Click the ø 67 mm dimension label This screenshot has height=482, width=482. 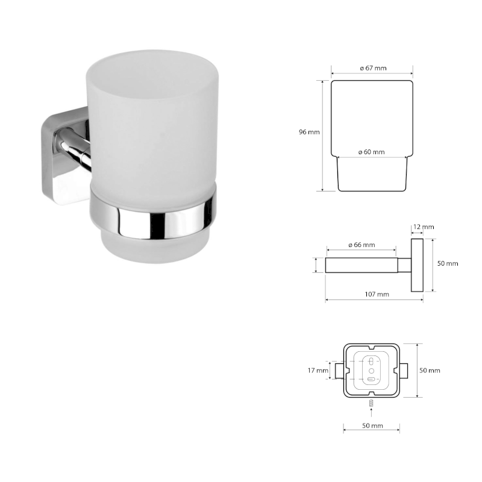click(373, 68)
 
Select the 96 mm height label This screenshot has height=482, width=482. click(309, 132)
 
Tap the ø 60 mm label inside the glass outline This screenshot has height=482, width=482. click(371, 152)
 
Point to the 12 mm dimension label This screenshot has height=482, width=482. click(424, 227)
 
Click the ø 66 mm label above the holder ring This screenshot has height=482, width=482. click(362, 245)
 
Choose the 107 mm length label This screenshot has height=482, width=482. click(377, 294)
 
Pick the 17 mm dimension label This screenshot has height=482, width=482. click(318, 371)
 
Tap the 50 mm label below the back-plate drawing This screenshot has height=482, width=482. click(372, 426)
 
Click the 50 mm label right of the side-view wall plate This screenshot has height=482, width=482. click(448, 263)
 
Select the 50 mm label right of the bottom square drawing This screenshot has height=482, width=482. click(430, 371)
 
